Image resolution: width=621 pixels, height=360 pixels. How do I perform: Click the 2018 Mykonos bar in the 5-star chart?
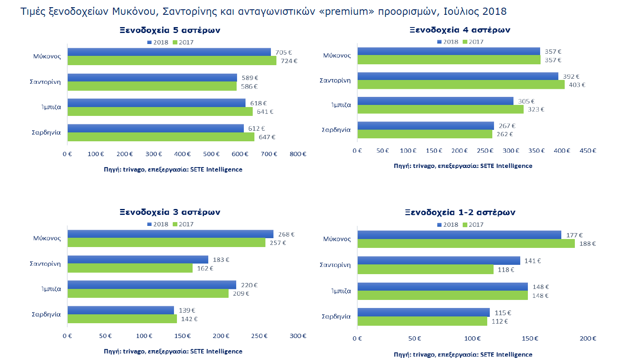(x=169, y=52)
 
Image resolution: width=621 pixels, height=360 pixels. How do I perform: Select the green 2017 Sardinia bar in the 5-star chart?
(x=161, y=137)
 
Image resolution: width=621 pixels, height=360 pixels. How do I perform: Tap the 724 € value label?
(x=289, y=61)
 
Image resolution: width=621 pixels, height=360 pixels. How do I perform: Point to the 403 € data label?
(x=577, y=85)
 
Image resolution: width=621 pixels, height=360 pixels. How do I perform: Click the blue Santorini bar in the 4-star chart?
(x=458, y=76)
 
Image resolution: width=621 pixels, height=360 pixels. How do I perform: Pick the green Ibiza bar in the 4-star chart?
(x=441, y=109)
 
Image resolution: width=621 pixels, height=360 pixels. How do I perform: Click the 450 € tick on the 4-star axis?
(x=588, y=151)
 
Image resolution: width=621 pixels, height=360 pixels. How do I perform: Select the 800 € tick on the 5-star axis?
(x=298, y=154)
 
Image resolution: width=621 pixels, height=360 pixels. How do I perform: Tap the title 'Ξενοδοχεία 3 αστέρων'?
(x=170, y=212)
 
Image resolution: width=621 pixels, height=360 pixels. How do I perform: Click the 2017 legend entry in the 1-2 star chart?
(x=473, y=225)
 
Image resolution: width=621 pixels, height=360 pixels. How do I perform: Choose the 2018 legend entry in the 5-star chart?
(x=158, y=42)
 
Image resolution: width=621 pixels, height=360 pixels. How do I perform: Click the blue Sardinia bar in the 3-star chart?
(x=121, y=310)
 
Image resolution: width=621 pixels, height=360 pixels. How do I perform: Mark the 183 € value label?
(x=221, y=260)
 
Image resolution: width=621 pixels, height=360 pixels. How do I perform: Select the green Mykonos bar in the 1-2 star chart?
(x=466, y=243)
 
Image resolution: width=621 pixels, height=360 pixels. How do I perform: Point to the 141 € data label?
(x=533, y=261)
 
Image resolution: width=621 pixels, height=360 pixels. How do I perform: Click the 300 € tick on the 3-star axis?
(x=298, y=336)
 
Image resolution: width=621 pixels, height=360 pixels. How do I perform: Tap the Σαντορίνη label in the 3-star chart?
(x=45, y=264)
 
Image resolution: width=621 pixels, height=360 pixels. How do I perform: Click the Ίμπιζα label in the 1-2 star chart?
(x=341, y=291)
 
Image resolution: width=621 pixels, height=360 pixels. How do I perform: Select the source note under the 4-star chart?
(x=463, y=166)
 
